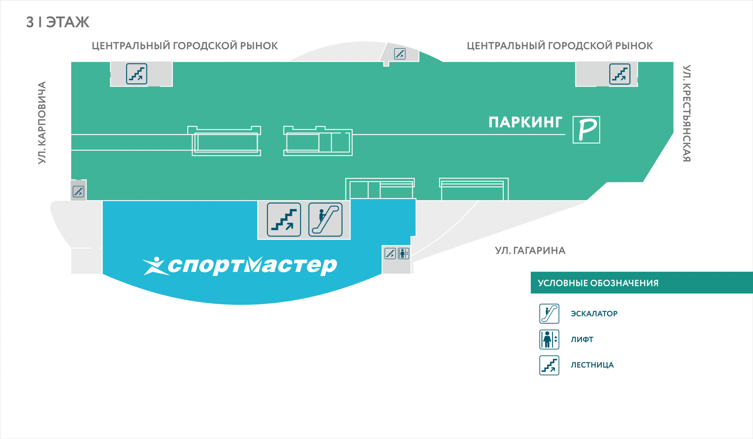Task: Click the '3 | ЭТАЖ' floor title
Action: (58, 22)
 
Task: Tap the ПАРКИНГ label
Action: (525, 122)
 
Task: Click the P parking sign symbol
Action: (586, 130)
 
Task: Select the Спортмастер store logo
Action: (240, 266)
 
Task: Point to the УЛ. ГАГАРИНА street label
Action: (530, 250)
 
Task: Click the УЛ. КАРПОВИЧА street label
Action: (42, 122)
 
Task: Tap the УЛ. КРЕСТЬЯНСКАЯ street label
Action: (687, 113)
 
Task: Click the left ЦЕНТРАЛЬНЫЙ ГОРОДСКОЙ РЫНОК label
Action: (185, 46)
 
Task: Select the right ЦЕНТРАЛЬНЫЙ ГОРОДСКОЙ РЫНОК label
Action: (560, 46)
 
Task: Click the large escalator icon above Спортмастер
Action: (326, 220)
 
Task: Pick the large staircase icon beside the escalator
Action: (284, 220)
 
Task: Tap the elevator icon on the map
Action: (403, 253)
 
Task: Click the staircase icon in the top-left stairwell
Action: (137, 74)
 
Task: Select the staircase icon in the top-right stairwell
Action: (620, 74)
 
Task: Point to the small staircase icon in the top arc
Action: (400, 54)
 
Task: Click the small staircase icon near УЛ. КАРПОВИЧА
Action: (78, 191)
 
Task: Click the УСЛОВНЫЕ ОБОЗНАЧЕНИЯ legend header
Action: (598, 283)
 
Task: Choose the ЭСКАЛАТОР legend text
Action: (594, 314)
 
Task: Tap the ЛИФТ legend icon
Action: (549, 339)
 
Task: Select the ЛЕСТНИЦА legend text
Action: (592, 365)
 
